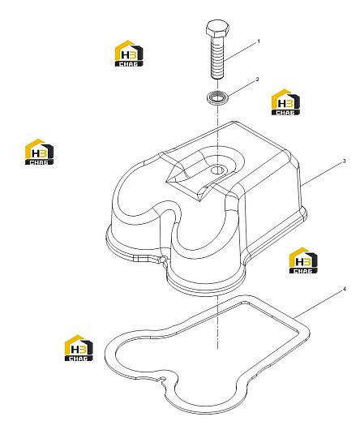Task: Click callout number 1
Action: click(259, 41)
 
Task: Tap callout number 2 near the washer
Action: click(257, 80)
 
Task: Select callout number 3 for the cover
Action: click(345, 161)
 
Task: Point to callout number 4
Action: click(345, 289)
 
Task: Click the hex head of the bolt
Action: click(217, 28)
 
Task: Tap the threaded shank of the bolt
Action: click(217, 57)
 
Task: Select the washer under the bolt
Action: click(217, 97)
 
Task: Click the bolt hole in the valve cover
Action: click(217, 170)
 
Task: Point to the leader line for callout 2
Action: click(241, 89)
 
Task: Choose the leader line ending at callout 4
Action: click(318, 305)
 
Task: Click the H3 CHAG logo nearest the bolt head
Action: click(129, 54)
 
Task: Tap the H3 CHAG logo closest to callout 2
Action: click(285, 102)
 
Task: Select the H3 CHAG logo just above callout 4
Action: click(303, 260)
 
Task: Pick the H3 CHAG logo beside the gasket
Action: click(79, 348)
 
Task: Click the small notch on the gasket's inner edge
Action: click(161, 379)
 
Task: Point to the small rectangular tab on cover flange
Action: click(141, 259)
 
